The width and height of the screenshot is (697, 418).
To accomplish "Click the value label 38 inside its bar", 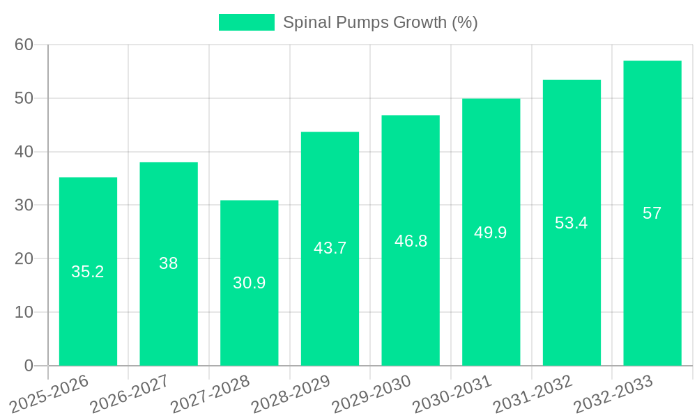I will pos(169,263).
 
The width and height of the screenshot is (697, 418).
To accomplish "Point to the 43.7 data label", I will pos(330,248).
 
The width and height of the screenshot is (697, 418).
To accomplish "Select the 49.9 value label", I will pos(491,233).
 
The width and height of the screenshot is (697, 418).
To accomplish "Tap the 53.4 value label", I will pos(572,223).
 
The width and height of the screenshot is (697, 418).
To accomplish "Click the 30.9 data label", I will pos(249,283).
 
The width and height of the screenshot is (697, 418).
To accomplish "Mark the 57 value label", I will pos(652,213).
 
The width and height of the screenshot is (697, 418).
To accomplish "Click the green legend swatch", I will pos(246,22).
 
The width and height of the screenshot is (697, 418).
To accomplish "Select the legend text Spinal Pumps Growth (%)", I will pos(380,22).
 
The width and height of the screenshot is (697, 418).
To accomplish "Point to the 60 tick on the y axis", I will pos(24,45).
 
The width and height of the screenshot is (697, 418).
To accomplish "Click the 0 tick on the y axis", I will pos(29,366).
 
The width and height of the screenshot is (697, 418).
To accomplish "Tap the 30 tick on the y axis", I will pos(24,206).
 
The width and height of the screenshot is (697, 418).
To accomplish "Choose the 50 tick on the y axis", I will pos(24,98).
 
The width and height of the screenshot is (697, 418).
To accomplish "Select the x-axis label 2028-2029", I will pos(291,394).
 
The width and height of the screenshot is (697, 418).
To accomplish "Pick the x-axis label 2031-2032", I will pos(533,394).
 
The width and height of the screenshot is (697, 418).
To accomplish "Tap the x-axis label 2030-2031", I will pos(452,394).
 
